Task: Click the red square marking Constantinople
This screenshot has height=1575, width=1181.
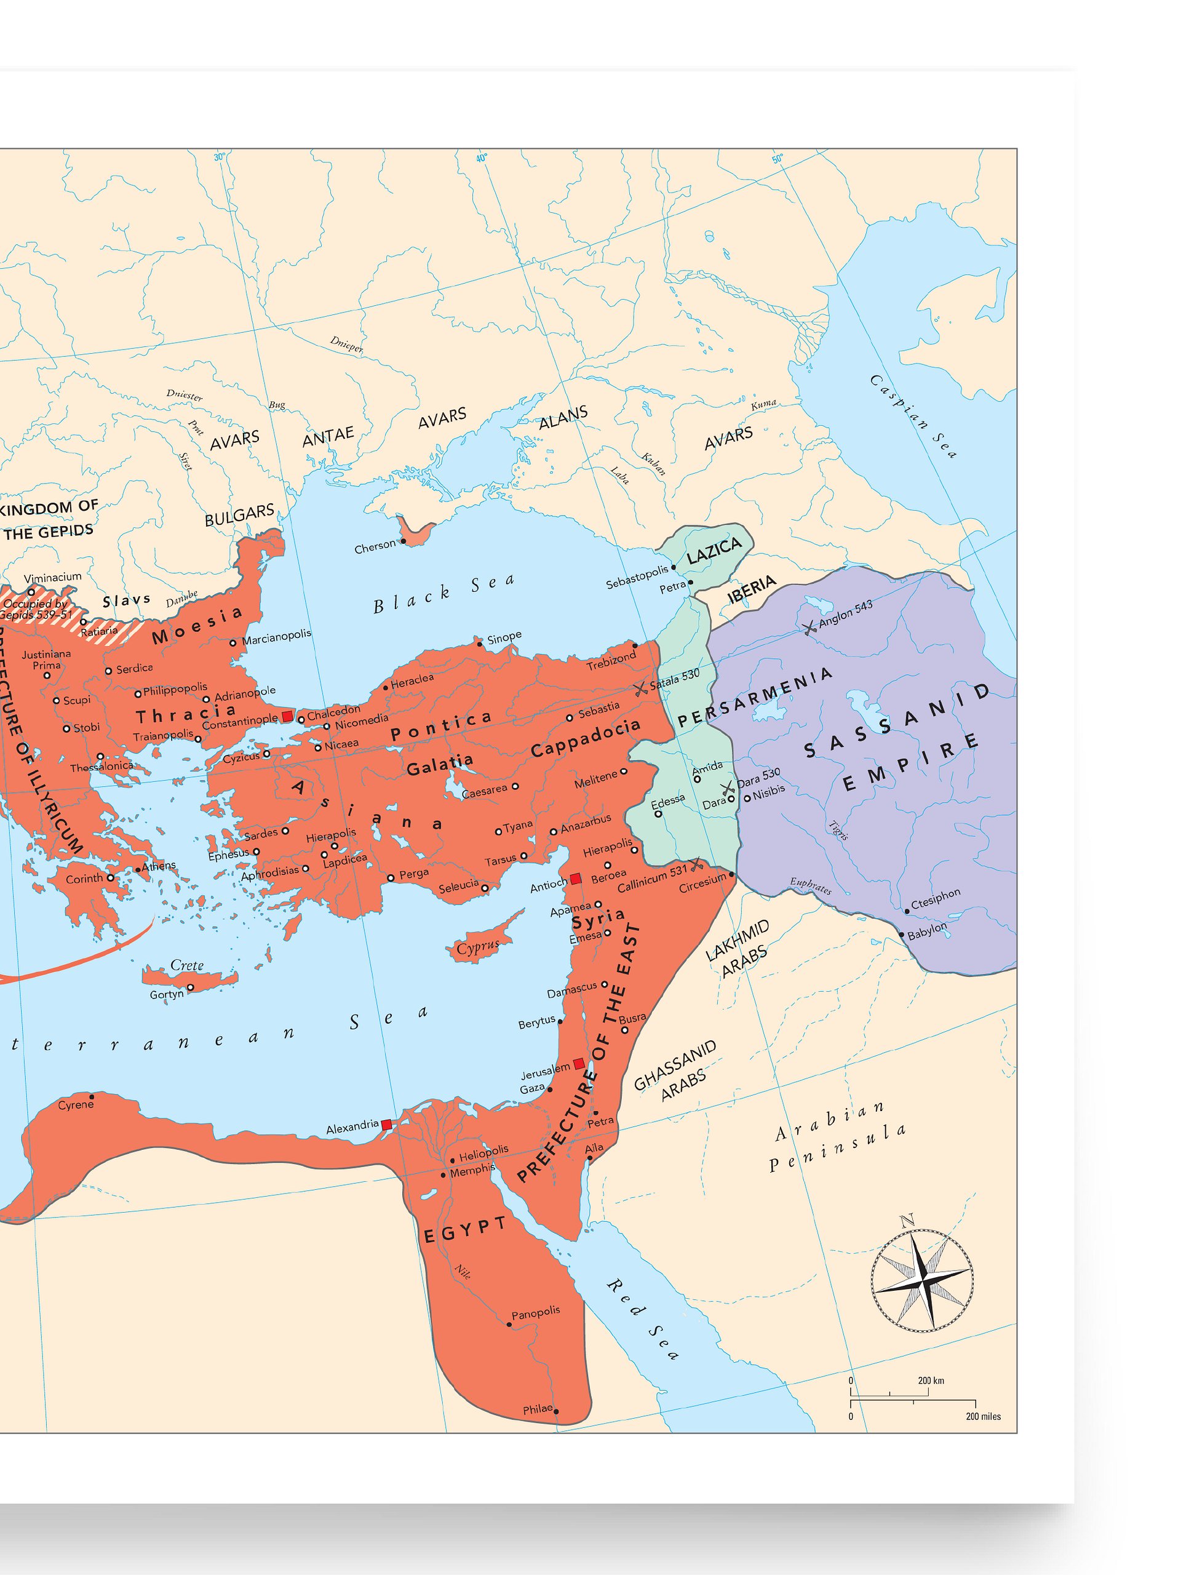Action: [x=287, y=716]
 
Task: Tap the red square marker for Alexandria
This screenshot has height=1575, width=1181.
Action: [x=386, y=1125]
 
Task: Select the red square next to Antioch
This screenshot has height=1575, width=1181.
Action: [x=575, y=879]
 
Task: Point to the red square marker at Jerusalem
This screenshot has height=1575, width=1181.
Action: [x=579, y=1064]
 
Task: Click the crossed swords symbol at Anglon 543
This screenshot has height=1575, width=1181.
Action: [x=808, y=629]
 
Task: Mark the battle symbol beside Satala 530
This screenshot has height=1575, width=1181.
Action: [x=640, y=688]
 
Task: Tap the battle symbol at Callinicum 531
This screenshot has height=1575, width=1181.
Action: [x=696, y=864]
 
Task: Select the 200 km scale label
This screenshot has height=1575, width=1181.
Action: [x=931, y=1381]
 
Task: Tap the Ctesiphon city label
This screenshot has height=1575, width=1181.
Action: [x=936, y=899]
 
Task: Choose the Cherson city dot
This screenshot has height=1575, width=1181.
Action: [x=403, y=541]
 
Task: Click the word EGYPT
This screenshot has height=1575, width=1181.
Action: [x=465, y=1230]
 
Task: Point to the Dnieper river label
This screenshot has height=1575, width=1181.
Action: [x=347, y=345]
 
